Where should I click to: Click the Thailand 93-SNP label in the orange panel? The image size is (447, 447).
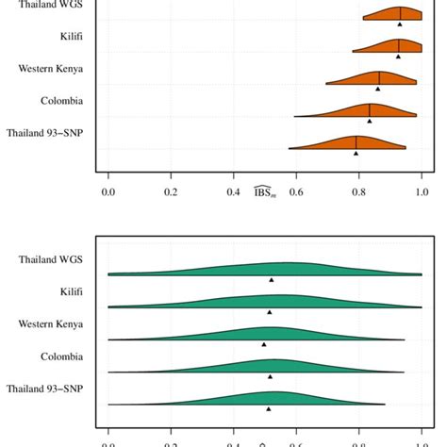tap(45, 133)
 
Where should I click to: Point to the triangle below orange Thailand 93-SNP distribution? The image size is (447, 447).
tap(356, 153)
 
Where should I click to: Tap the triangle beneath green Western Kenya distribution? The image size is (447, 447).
tap(264, 344)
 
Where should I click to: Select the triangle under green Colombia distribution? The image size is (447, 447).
tap(271, 376)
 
